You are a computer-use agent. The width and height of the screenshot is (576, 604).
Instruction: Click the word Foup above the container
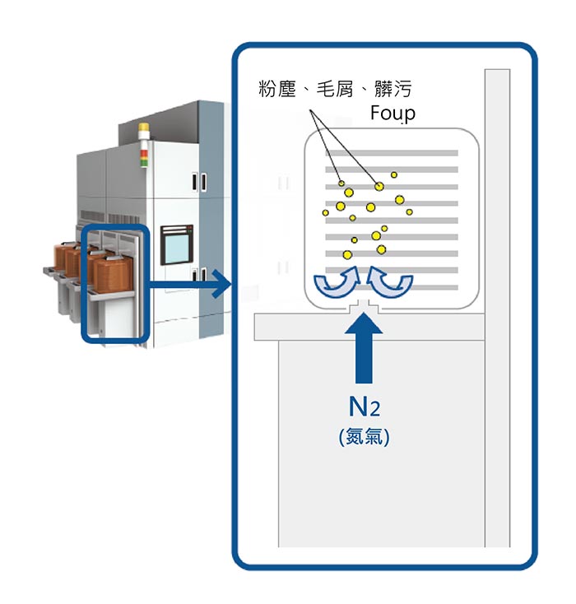click(x=393, y=113)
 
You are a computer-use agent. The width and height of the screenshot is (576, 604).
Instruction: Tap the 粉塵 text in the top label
click(x=276, y=89)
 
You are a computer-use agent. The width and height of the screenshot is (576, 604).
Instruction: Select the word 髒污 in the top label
click(x=392, y=89)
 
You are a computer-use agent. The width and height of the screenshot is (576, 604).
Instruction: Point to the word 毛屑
click(x=334, y=89)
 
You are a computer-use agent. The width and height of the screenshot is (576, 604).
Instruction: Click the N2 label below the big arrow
click(x=363, y=407)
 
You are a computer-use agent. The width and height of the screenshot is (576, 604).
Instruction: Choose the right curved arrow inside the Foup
click(x=389, y=281)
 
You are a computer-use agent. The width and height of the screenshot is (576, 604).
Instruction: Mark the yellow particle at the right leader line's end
click(x=379, y=187)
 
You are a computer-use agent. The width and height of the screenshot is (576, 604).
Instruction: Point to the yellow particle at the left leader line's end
click(x=341, y=183)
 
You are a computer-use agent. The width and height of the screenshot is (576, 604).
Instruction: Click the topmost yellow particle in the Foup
click(x=394, y=174)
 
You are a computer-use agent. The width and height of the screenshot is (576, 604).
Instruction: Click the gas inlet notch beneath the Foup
click(x=362, y=309)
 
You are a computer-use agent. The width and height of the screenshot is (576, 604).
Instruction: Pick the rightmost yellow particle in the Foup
click(x=409, y=211)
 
